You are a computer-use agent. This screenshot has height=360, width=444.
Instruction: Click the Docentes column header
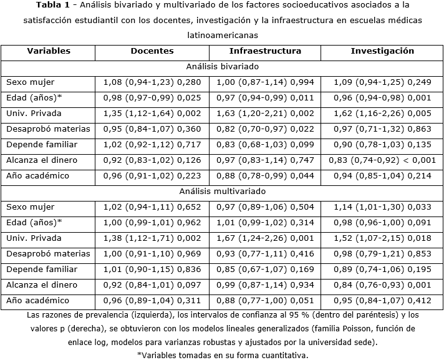152,51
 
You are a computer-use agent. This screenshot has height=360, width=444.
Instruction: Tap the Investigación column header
382,51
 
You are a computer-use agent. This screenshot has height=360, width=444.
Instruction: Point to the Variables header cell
49,51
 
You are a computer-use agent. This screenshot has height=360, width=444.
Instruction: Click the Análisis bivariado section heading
221,66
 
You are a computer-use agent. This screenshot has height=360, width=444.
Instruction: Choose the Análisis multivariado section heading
221,191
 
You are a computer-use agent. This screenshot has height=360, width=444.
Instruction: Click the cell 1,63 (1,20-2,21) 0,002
264,113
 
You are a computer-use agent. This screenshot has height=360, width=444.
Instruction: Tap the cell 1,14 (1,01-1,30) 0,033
382,207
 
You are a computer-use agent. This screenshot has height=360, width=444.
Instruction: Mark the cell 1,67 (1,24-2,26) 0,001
264,238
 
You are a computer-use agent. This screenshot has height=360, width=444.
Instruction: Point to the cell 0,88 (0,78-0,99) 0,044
264,175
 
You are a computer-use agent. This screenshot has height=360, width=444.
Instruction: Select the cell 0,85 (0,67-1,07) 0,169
264,269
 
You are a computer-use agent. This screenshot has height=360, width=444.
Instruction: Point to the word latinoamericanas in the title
222,36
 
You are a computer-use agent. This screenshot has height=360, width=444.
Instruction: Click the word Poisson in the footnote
350,328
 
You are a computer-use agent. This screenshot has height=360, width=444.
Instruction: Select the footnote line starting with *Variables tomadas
222,354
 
